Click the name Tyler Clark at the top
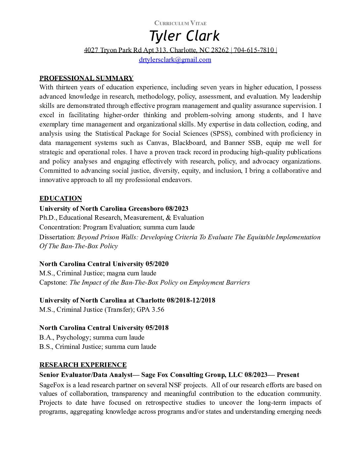(184, 36)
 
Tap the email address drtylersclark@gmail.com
(175, 60)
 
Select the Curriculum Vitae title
(180, 23)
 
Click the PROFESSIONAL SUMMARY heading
(86, 78)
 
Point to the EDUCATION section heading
(61, 198)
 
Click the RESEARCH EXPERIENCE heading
(83, 365)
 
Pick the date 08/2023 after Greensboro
(177, 209)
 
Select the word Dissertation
(57, 237)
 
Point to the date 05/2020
(157, 264)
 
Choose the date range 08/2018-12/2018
(191, 300)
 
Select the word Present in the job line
(288, 375)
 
